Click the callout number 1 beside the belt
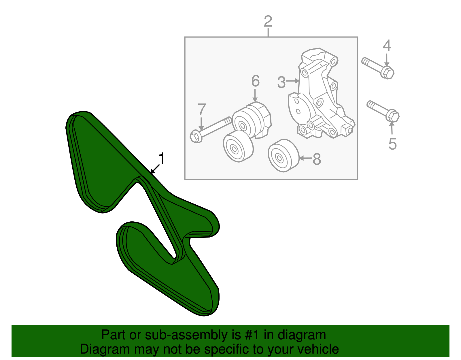(x=162, y=159)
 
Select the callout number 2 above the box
(x=268, y=21)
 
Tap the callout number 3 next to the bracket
(x=281, y=82)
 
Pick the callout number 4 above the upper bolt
(x=387, y=46)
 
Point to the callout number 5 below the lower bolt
(x=392, y=144)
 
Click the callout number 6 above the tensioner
(x=255, y=81)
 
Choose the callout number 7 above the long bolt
(x=202, y=110)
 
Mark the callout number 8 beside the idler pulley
(x=317, y=159)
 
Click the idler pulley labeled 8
(x=282, y=156)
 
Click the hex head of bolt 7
(x=196, y=136)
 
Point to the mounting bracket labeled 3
(x=320, y=95)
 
